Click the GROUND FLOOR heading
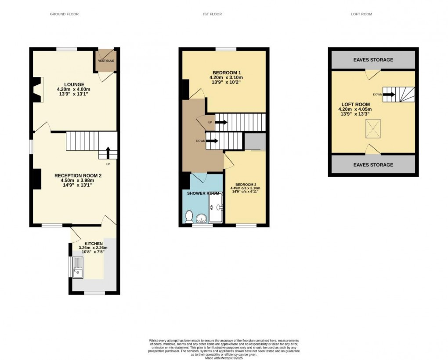(64, 14)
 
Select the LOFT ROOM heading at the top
(361, 14)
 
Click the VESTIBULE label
(106, 61)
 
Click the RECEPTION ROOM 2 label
(78, 175)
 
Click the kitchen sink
(79, 267)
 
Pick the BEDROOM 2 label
(246, 185)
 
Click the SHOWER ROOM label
(203, 193)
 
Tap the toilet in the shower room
(189, 216)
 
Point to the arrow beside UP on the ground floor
(108, 153)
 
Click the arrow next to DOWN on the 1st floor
(213, 141)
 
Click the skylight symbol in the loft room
(373, 129)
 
